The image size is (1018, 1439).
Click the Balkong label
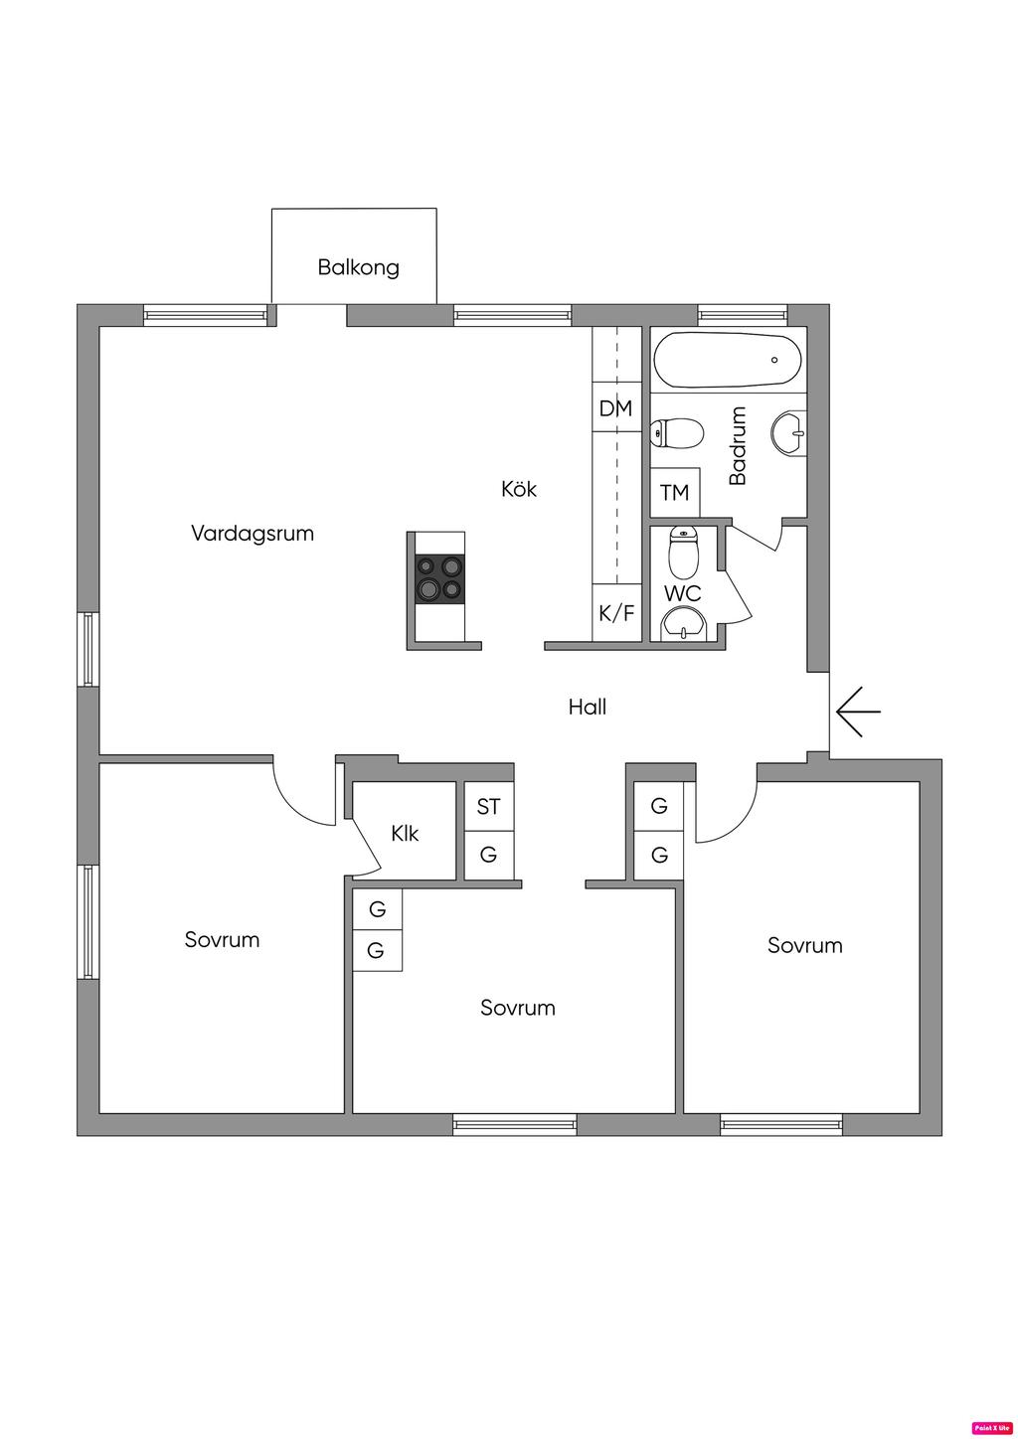tap(358, 267)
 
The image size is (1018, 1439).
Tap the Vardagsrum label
tap(253, 534)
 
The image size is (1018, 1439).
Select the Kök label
tap(519, 490)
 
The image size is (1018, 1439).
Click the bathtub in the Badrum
tap(728, 360)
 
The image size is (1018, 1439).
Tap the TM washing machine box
tap(675, 493)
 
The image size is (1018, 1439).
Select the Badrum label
tap(738, 445)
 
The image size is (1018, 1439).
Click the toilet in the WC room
tap(683, 553)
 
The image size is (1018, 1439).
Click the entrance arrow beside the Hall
tap(859, 712)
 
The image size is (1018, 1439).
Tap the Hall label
tap(588, 708)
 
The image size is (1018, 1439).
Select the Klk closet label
tap(405, 833)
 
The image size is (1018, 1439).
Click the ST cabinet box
tap(489, 806)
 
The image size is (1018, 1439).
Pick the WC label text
tap(683, 593)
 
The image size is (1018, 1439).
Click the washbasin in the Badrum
tap(789, 434)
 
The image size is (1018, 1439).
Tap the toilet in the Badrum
tap(676, 433)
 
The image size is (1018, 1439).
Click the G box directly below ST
tap(489, 855)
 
